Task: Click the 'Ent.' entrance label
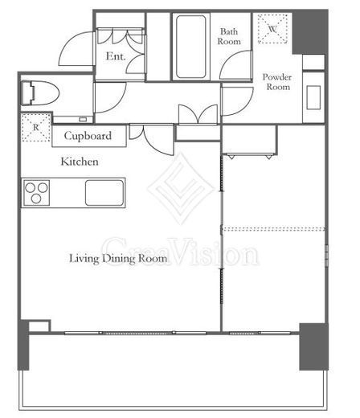click(116, 56)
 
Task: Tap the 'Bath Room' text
click(229, 36)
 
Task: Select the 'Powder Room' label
click(277, 82)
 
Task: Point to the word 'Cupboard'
click(88, 136)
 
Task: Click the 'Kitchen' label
click(80, 162)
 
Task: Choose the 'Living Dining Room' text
click(118, 259)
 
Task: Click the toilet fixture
click(39, 93)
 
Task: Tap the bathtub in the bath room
click(191, 47)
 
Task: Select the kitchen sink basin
click(104, 193)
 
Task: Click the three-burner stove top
click(36, 193)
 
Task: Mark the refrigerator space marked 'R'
click(36, 127)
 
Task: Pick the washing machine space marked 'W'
click(272, 29)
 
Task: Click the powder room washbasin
click(313, 97)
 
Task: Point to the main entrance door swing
click(76, 48)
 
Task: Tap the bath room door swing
click(235, 65)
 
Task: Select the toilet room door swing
click(110, 97)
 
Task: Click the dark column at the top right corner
click(310, 32)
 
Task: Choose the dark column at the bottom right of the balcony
click(313, 346)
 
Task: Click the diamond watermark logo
click(182, 188)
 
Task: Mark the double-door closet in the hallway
click(198, 114)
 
